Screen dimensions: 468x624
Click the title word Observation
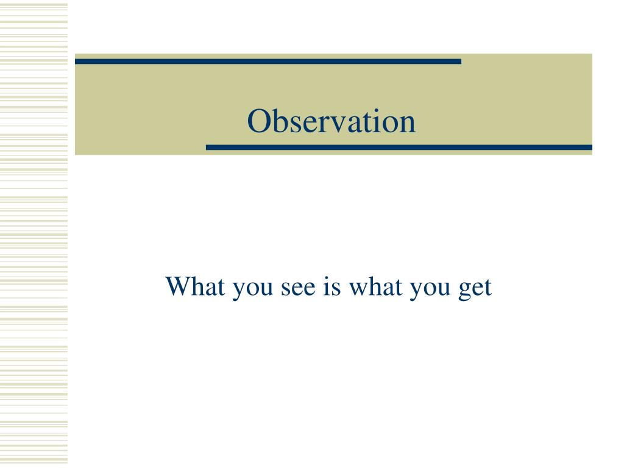[x=331, y=121]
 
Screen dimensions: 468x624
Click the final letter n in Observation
[x=408, y=124]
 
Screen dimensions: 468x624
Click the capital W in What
[x=179, y=286]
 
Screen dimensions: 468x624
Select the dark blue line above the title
[x=268, y=62]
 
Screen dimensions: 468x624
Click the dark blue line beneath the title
[x=399, y=147]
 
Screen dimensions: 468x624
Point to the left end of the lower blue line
[x=208, y=147]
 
